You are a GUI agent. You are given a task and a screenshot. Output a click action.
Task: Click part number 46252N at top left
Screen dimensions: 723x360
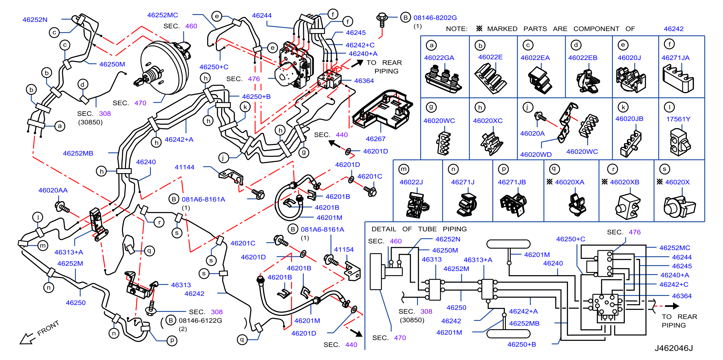[x=35, y=20]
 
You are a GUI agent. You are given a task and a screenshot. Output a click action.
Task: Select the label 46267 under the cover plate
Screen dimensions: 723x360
[x=376, y=139]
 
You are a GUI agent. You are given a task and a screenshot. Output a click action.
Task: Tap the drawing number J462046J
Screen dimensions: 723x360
[x=674, y=348]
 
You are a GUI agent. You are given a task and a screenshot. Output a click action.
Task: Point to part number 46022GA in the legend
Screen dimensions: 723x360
[x=439, y=58]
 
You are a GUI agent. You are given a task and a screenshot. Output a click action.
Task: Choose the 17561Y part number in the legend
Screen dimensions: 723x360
[x=678, y=119]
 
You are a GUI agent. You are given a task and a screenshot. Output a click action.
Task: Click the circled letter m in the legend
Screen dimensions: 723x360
[x=404, y=169]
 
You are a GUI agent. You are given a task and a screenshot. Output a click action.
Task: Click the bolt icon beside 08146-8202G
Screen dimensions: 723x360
[x=382, y=20]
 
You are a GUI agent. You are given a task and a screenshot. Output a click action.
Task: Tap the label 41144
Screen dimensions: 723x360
[x=184, y=167]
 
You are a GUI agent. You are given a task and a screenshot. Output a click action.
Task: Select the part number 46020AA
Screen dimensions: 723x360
[x=53, y=190]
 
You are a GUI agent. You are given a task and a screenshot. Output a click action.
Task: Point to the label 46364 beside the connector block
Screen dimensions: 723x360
[x=364, y=81]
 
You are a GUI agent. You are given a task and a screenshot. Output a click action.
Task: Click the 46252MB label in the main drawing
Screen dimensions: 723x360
[x=78, y=153]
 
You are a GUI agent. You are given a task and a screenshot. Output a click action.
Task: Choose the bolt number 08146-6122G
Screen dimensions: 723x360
[x=200, y=320]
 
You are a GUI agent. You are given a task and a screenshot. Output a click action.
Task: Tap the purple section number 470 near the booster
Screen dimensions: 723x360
[x=140, y=103]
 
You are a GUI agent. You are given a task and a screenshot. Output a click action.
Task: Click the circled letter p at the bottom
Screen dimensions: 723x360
[x=172, y=340]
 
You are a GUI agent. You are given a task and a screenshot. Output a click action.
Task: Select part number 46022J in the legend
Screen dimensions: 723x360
[x=411, y=182]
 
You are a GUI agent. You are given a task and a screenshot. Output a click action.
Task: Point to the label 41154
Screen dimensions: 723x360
[x=344, y=249]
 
